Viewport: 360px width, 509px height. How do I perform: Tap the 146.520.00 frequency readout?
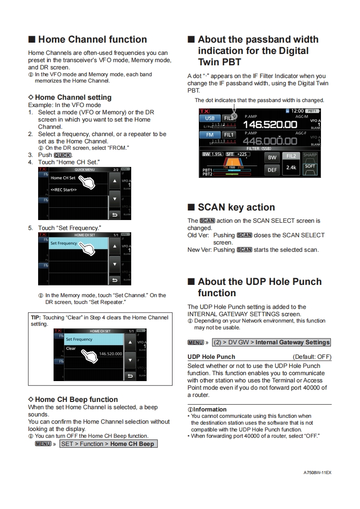[x=270, y=124]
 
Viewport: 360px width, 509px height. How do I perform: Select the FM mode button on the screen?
[x=210, y=135]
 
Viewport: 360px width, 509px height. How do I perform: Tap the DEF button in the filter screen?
[x=272, y=170]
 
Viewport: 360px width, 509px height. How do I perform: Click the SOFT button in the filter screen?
[x=310, y=166]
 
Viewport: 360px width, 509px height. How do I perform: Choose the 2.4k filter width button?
[x=291, y=167]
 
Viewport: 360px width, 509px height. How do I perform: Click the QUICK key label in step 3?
[x=63, y=155]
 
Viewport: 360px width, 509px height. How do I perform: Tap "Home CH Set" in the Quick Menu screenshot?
[x=64, y=178]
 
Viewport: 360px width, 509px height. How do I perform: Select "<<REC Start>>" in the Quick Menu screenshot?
[x=64, y=190]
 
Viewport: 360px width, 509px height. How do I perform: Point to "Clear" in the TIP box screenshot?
[x=71, y=348]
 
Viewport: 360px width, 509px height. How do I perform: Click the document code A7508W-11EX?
[x=317, y=472]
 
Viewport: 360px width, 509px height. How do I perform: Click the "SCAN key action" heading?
[x=236, y=207]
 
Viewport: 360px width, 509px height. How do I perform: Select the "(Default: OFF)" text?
[x=312, y=357]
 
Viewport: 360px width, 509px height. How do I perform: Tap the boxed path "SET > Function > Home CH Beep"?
[x=108, y=444]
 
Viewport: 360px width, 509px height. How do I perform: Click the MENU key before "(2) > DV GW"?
[x=196, y=342]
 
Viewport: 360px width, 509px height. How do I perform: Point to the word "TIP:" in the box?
[x=36, y=318]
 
